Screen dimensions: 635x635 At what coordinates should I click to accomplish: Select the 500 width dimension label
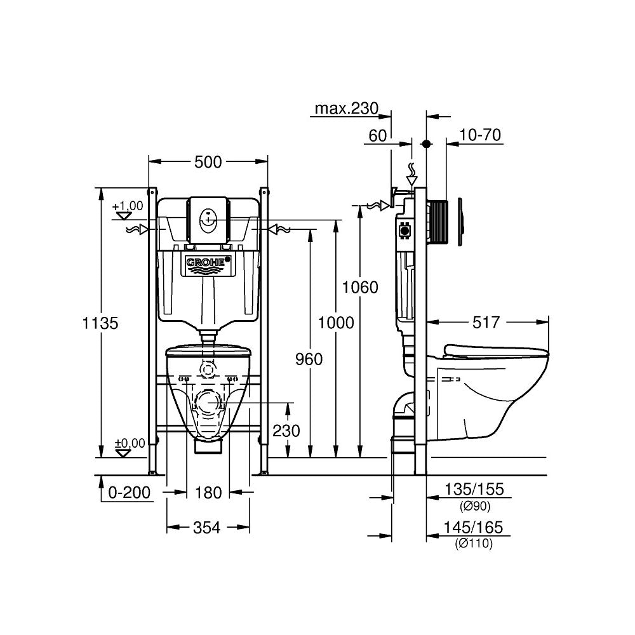(208, 163)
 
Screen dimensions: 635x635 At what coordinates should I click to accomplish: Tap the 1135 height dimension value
(101, 323)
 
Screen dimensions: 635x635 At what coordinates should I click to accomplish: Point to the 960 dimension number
(309, 359)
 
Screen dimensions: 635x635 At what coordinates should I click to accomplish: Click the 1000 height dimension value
(337, 323)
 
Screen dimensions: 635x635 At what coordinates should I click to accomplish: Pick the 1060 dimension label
(360, 287)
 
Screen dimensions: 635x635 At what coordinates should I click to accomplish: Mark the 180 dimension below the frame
(208, 492)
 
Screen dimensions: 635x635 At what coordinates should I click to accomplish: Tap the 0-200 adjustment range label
(130, 492)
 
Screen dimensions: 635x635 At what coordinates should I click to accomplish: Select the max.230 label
(347, 109)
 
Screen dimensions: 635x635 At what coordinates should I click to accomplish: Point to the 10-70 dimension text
(481, 135)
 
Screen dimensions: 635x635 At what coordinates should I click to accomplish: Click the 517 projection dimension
(486, 323)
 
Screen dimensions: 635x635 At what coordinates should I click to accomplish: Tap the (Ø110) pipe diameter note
(474, 543)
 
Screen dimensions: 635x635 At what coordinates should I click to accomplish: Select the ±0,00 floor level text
(129, 443)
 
